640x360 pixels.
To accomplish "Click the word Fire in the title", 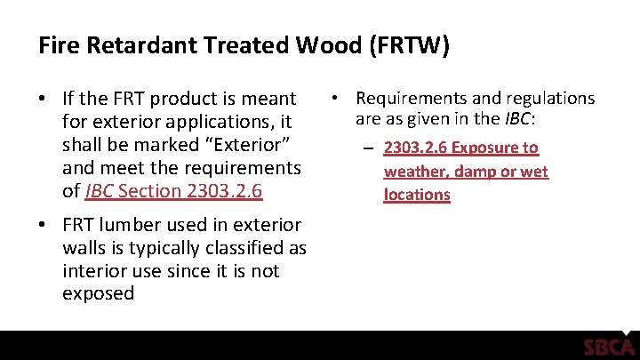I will (57, 45).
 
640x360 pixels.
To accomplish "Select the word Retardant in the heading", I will (125, 45).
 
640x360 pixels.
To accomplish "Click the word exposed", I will (99, 294).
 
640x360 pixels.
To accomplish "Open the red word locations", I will (417, 195).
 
